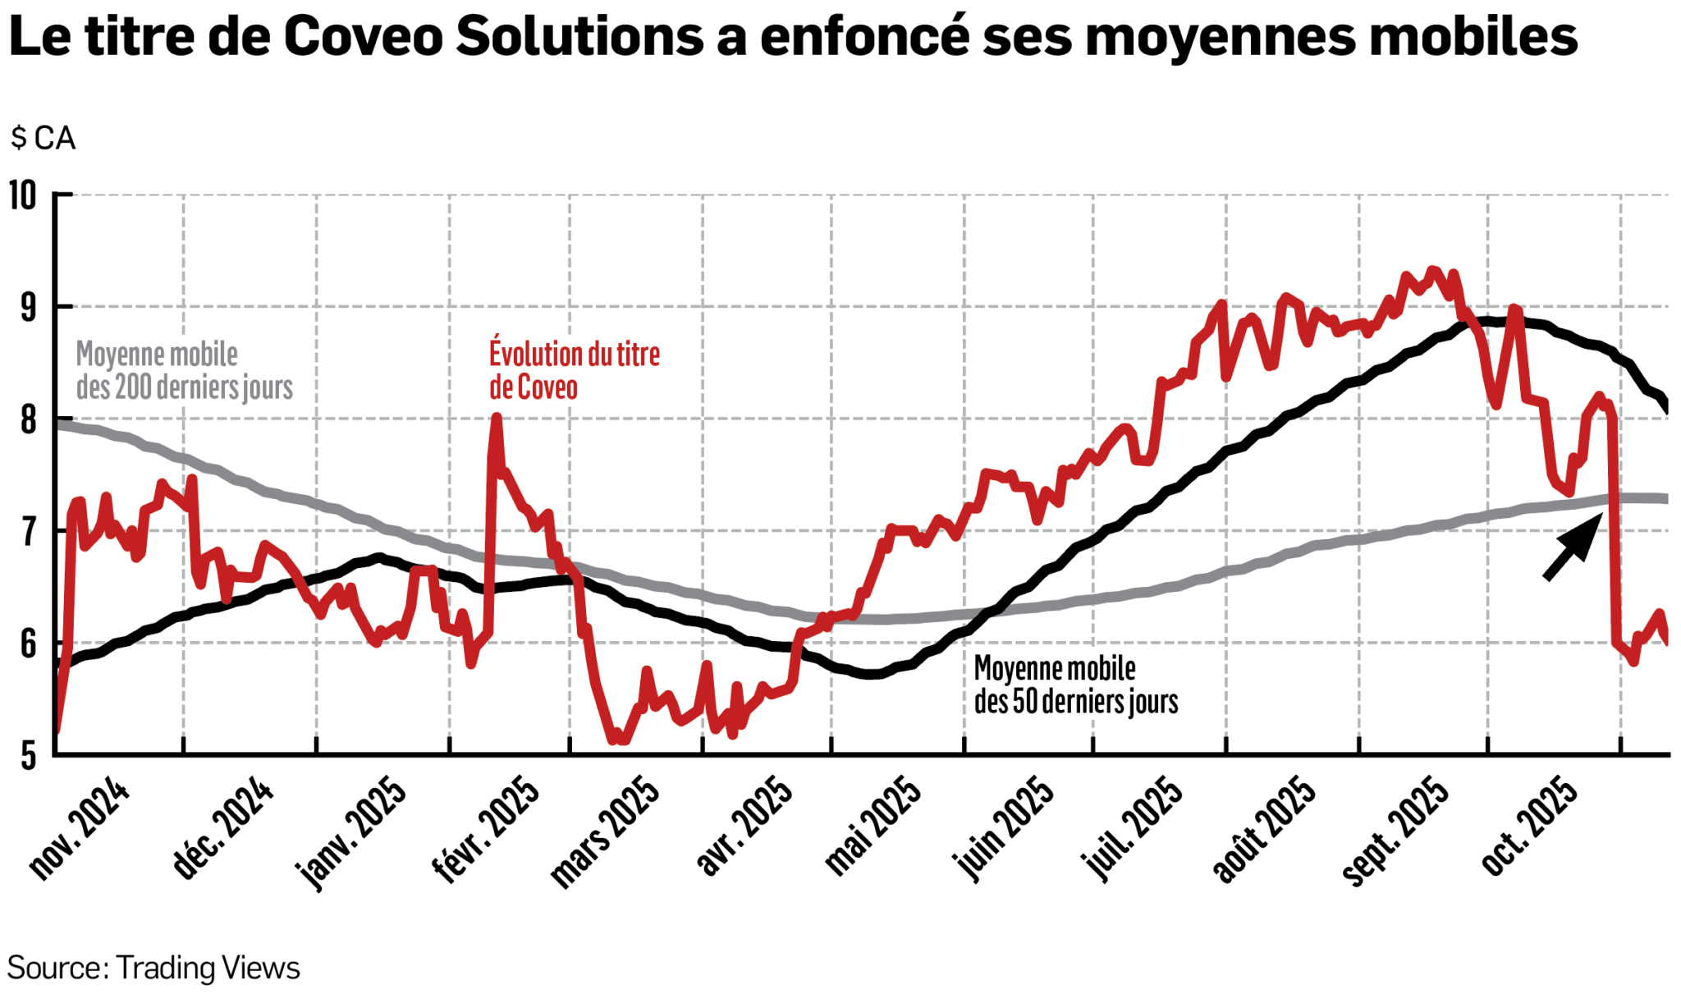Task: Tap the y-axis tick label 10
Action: click(23, 196)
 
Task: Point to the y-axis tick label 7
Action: click(28, 532)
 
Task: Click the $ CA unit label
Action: click(43, 138)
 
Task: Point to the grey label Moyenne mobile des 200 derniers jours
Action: click(184, 371)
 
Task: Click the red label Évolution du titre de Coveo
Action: click(574, 371)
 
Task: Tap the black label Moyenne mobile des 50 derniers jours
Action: click(1075, 685)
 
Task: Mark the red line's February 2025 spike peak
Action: click(496, 418)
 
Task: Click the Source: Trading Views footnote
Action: click(153, 968)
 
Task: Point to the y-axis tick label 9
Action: click(28, 308)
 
